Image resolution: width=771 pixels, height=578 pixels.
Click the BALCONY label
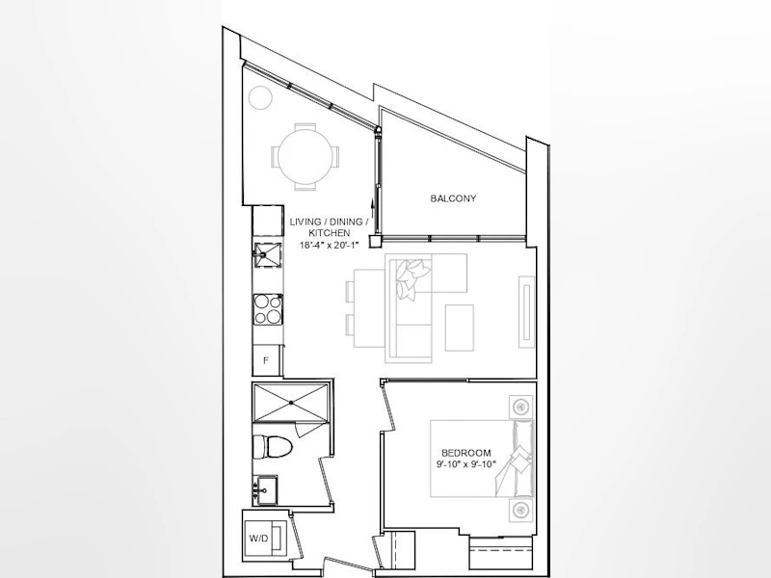[x=453, y=198]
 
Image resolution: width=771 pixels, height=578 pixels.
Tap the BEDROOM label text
[x=465, y=453]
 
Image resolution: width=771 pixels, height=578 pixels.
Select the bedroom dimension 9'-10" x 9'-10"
[x=465, y=464]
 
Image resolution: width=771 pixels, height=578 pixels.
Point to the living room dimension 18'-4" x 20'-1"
[x=329, y=245]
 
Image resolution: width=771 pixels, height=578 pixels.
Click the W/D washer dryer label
[x=258, y=539]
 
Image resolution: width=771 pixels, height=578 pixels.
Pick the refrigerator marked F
[x=266, y=360]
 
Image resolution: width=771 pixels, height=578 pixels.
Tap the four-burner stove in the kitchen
[x=268, y=309]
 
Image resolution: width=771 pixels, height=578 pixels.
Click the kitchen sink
[x=268, y=254]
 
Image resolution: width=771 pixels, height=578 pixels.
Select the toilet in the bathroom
[x=272, y=447]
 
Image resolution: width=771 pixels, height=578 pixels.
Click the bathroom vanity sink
[x=265, y=489]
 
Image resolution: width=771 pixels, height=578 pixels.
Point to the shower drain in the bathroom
[x=291, y=403]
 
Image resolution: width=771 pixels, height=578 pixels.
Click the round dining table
[x=305, y=157]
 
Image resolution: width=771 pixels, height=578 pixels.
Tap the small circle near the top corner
[x=260, y=98]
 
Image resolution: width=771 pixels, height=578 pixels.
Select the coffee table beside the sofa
[x=460, y=328]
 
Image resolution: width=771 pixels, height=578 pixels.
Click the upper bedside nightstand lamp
[x=520, y=407]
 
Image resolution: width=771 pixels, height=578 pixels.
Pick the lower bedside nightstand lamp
[x=520, y=511]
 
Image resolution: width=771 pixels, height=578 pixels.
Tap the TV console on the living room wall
[x=526, y=311]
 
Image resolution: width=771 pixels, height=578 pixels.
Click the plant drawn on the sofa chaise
[x=412, y=278]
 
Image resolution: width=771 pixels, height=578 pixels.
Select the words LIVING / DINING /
[x=329, y=223]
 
